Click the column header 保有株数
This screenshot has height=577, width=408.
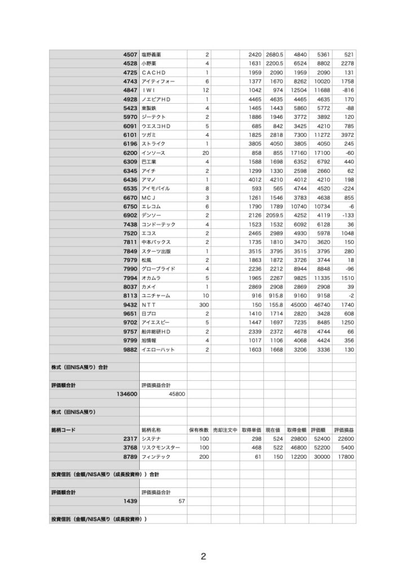pyautogui.click(x=199, y=430)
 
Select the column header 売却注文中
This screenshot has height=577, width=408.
pyautogui.click(x=223, y=430)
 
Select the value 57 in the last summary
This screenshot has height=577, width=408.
pyautogui.click(x=181, y=501)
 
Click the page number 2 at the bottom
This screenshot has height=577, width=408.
pyautogui.click(x=203, y=557)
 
